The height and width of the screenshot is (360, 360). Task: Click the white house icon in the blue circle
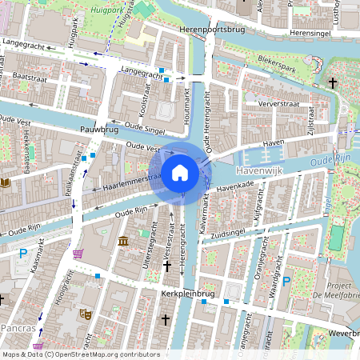pos(179,173)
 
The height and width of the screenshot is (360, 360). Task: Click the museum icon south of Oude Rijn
pos(122,241)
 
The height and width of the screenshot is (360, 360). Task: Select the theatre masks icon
pos(85,314)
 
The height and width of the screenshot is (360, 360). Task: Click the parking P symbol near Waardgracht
pos(286,281)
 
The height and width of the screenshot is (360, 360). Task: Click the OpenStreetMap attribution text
pos(81,354)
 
